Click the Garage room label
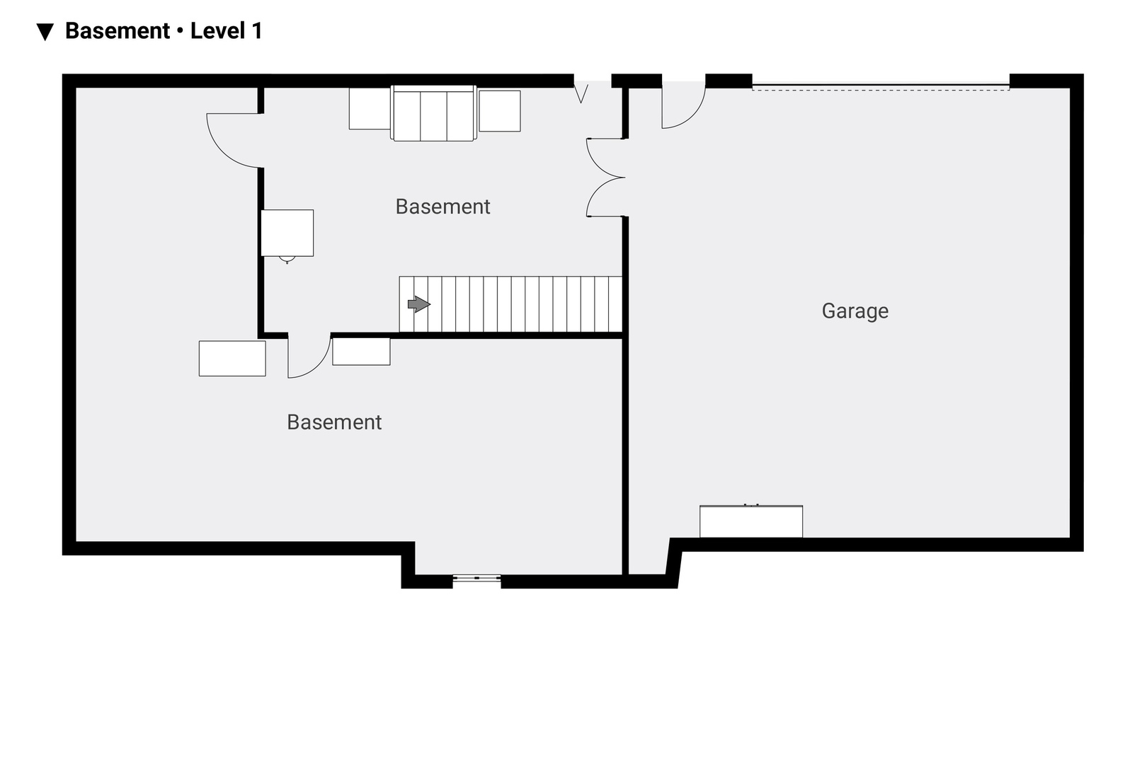(855, 311)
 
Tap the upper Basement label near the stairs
(442, 207)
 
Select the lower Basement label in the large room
(334, 422)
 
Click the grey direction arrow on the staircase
(419, 303)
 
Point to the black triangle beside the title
(45, 32)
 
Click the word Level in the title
(217, 30)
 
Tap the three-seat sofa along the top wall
(433, 113)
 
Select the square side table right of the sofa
(500, 111)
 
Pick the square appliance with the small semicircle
(287, 233)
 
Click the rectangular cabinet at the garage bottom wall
(751, 521)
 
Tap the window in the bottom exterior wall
(476, 579)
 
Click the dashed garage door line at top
(881, 90)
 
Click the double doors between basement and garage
(605, 178)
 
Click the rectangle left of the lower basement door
(232, 359)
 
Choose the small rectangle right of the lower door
(361, 352)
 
